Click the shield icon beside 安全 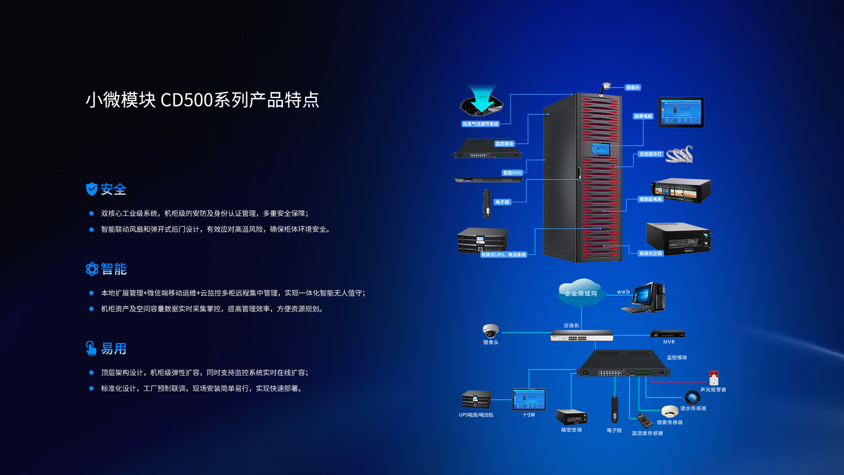[91, 189]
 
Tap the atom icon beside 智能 [92, 269]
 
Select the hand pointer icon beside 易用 [91, 348]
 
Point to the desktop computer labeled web [647, 298]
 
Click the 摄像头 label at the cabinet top [633, 88]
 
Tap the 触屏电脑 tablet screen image [681, 113]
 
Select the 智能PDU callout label [512, 173]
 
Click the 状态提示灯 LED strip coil [680, 154]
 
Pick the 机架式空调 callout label [650, 253]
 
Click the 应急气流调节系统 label [480, 124]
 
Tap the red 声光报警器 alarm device [714, 377]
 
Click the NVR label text [669, 342]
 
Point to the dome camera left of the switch [491, 331]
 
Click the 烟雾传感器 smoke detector [669, 411]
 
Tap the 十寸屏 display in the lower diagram [529, 399]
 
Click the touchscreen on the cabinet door [601, 150]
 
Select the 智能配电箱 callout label [651, 199]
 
